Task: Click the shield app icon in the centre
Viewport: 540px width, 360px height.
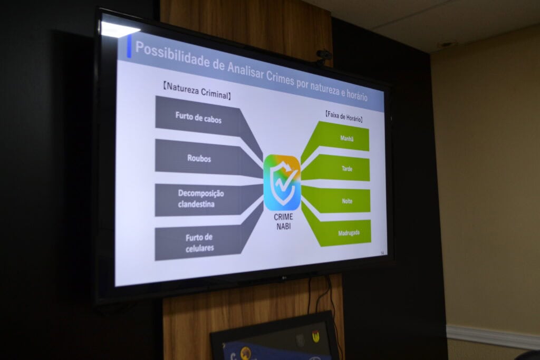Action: (x=282, y=182)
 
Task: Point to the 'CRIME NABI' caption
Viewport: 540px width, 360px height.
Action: (x=283, y=222)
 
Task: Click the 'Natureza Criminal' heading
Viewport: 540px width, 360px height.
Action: (x=197, y=91)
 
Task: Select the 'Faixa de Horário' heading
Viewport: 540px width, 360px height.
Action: (x=344, y=116)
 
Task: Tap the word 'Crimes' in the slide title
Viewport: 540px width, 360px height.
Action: (x=280, y=76)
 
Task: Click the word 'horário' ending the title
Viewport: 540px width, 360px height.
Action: (x=357, y=94)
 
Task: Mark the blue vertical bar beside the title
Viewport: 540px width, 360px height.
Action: (x=129, y=46)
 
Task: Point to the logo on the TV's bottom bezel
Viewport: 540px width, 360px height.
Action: (x=284, y=277)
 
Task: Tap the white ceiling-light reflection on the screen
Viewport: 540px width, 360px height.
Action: (x=118, y=28)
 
